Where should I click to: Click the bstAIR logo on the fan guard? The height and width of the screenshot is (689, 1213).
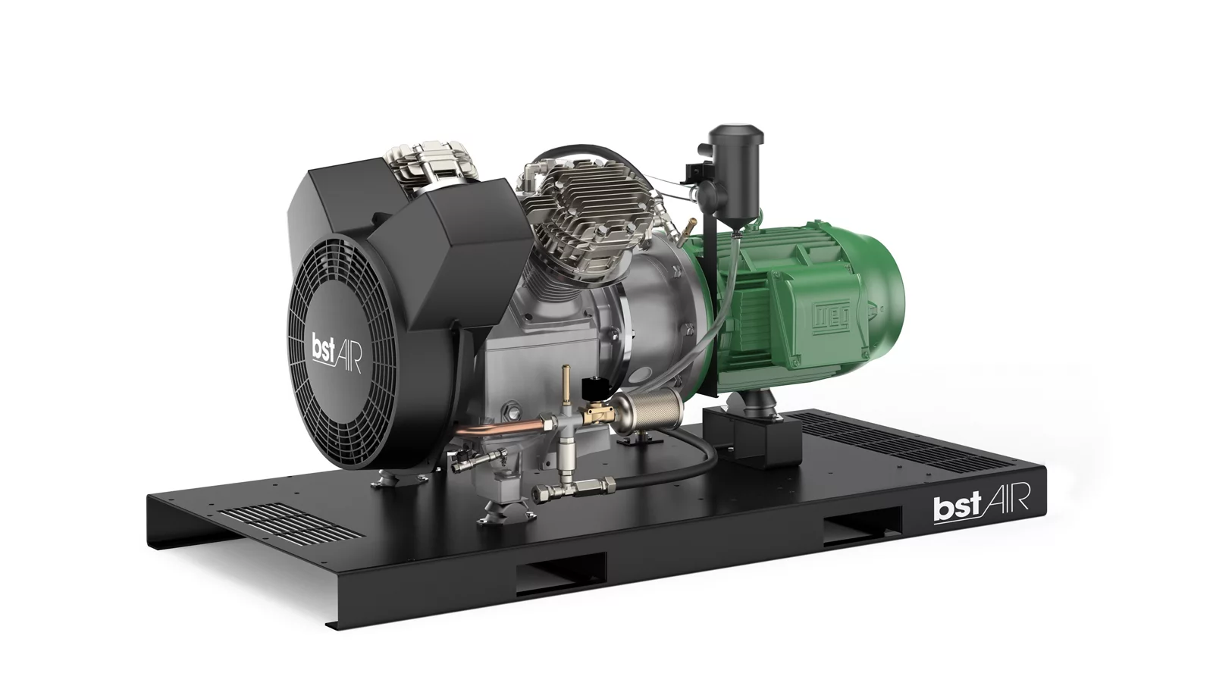(337, 354)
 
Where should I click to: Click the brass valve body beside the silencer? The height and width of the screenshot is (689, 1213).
(597, 415)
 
